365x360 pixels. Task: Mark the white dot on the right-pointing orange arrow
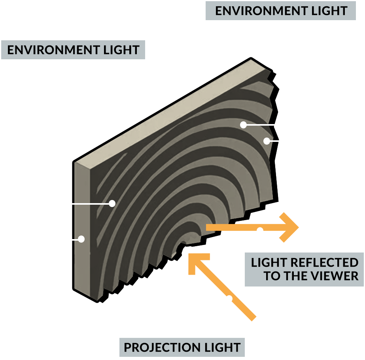260,230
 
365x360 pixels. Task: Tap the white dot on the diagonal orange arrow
229,298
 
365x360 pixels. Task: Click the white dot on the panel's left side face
81,239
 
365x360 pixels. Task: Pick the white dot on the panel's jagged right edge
267,141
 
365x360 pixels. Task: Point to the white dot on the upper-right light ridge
243,125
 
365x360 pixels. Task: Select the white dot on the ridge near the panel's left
112,204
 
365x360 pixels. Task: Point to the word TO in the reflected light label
272,276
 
